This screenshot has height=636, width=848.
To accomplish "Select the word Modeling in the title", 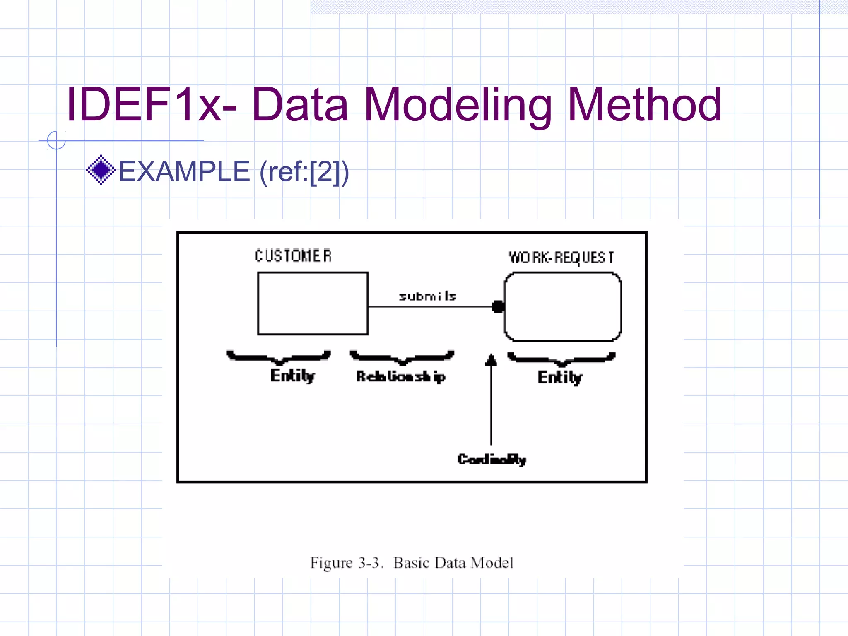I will click(x=457, y=106).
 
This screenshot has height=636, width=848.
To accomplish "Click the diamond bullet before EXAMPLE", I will click(x=101, y=170).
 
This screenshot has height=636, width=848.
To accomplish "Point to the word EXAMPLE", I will click(x=184, y=171).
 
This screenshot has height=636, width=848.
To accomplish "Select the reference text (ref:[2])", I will click(x=304, y=172).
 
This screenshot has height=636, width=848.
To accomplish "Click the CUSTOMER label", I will click(x=293, y=256).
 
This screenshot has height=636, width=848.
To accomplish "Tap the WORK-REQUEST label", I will click(x=561, y=258).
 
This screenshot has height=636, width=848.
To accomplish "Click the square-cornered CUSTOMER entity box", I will click(x=313, y=303).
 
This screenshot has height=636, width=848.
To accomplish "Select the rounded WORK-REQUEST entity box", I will click(x=562, y=307).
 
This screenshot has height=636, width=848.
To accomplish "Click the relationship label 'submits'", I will click(x=428, y=296).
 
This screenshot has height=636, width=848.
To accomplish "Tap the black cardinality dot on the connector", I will click(x=498, y=307).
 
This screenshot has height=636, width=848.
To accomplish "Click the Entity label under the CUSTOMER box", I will click(x=293, y=376).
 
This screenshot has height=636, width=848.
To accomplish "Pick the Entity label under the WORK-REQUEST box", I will click(x=560, y=378).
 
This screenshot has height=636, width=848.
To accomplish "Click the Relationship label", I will click(x=401, y=376).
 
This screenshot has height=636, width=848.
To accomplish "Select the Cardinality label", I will click(x=491, y=459).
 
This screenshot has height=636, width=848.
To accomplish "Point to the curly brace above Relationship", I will click(x=402, y=357).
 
